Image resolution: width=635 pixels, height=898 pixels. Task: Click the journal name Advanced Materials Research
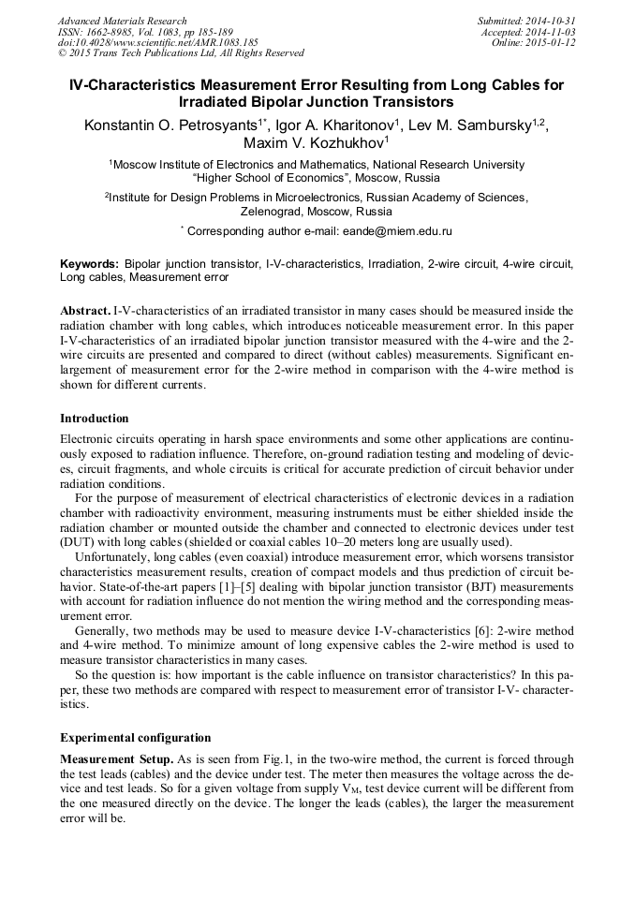(x=122, y=21)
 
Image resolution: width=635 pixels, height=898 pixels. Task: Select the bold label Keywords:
(x=89, y=264)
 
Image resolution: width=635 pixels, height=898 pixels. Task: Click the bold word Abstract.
(x=85, y=310)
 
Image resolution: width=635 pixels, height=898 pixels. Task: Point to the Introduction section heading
(x=95, y=418)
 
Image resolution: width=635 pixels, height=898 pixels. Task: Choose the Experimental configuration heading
(x=135, y=737)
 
